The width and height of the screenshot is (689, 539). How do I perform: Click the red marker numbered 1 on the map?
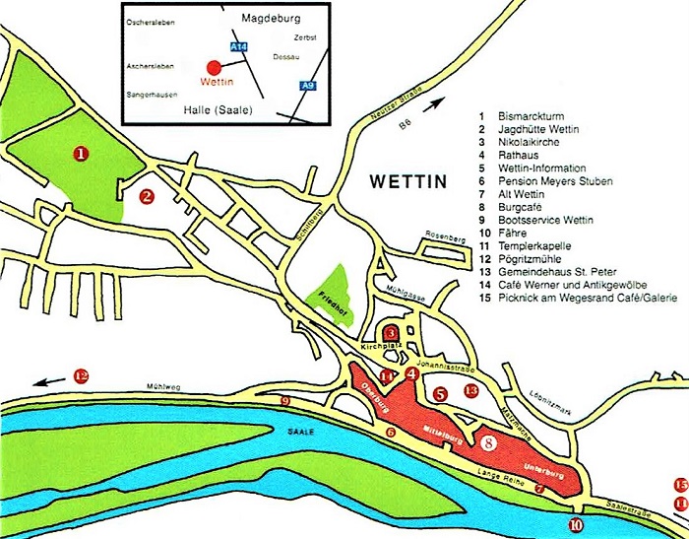[81, 154]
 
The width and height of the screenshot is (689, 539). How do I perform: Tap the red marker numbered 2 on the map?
[146, 196]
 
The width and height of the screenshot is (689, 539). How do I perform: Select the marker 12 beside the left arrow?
[81, 375]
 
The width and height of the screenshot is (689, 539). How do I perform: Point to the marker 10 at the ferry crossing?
[575, 525]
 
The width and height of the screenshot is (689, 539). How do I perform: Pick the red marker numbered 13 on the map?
[471, 391]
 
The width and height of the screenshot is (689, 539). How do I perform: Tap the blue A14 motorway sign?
[237, 46]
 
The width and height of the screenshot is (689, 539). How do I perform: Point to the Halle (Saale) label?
[219, 109]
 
